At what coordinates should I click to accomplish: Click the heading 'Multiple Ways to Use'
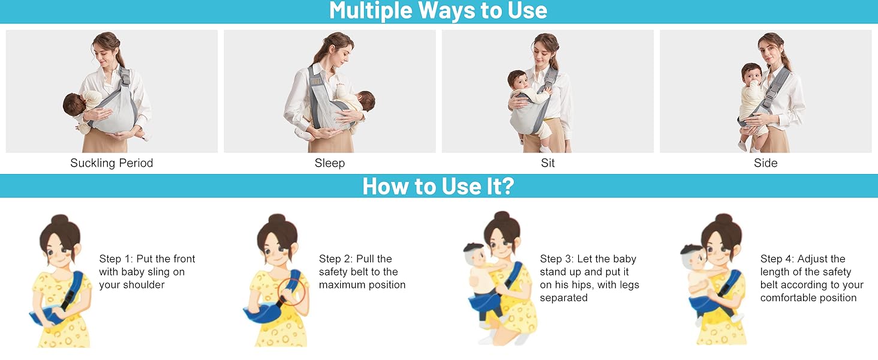coord(438,11)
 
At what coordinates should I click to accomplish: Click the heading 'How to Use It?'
coord(438,186)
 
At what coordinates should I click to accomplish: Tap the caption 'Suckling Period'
coord(112,163)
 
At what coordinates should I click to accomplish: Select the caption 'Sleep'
coord(330,163)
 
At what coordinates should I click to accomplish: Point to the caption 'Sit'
coord(548,163)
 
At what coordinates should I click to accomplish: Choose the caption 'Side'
coord(766,163)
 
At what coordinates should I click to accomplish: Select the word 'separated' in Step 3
coord(564,298)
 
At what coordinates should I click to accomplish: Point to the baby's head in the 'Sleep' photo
coord(365,101)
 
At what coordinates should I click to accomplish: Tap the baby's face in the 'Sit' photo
coord(518,80)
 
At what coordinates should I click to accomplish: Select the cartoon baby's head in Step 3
coord(477,254)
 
